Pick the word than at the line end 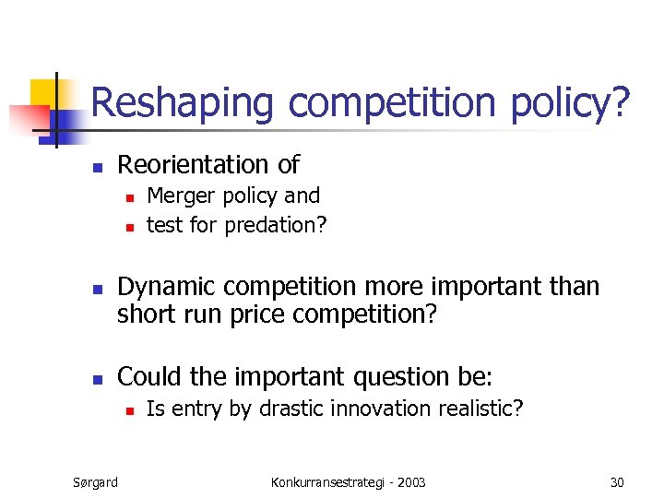tap(574, 287)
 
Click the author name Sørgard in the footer tap(95, 482)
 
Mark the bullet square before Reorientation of tap(95, 167)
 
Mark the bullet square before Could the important tap(95, 379)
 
